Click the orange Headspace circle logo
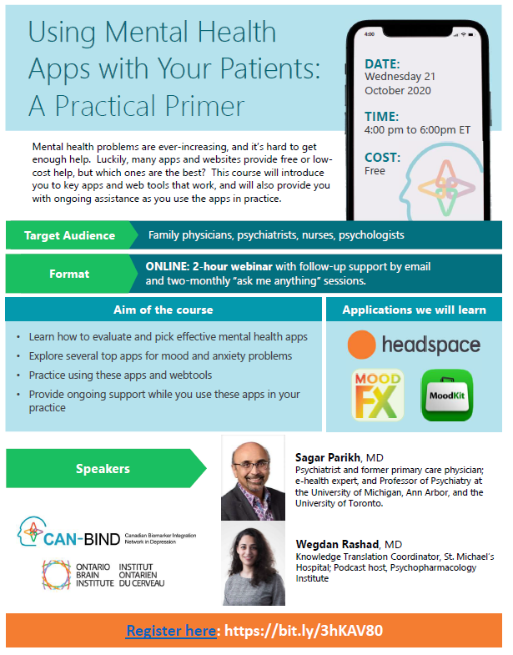point(361,345)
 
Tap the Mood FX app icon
point(378,395)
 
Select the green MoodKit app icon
point(447,395)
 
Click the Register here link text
point(171,630)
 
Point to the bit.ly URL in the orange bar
point(304,630)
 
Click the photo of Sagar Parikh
point(253,478)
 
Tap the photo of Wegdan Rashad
point(254,563)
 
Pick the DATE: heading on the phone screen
point(382,64)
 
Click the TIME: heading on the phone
point(381,117)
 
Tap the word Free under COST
point(375,171)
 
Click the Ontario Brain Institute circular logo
point(57,575)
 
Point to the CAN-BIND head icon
point(32,531)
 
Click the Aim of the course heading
point(163,310)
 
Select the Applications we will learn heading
point(414,310)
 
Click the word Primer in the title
point(204,106)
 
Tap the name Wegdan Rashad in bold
point(337,544)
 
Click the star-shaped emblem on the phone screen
point(446,188)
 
